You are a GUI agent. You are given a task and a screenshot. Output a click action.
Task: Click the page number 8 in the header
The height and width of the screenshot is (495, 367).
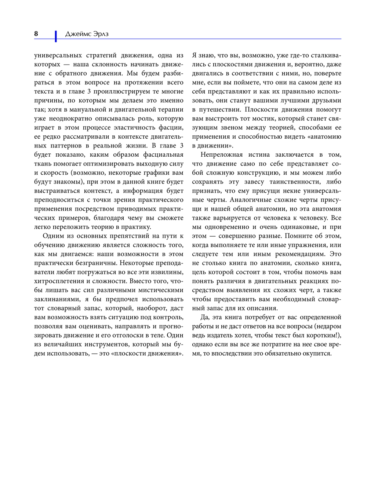pyautogui.click(x=36, y=34)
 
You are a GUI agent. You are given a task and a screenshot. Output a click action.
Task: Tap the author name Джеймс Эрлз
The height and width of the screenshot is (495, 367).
pyautogui.click(x=87, y=34)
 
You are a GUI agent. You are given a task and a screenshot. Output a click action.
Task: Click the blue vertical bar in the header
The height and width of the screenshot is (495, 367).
pyautogui.click(x=56, y=36)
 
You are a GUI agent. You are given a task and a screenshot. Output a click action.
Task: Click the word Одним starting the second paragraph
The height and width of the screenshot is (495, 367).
pyautogui.click(x=53, y=236)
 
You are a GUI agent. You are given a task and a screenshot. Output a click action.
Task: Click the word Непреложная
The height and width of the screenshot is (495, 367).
pyautogui.click(x=221, y=154)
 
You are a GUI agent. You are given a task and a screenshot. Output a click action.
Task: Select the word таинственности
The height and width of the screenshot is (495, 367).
pyautogui.click(x=292, y=182)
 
